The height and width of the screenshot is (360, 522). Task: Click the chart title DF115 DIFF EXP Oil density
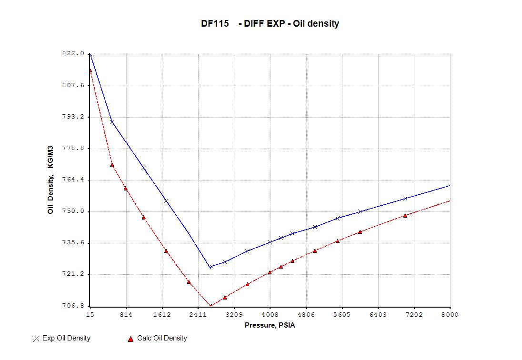click(x=270, y=24)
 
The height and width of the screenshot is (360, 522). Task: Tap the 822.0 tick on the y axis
click(x=73, y=54)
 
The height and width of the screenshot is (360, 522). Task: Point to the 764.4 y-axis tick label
click(x=73, y=180)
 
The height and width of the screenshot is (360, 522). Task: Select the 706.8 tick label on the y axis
click(x=73, y=306)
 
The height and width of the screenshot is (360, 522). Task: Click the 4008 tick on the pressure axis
click(x=270, y=315)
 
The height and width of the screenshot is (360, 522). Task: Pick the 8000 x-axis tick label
click(x=443, y=315)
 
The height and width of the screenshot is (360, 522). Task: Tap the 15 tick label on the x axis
click(x=90, y=315)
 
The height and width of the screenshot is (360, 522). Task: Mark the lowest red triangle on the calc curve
click(x=211, y=306)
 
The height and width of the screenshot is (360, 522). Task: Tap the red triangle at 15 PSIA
click(x=90, y=71)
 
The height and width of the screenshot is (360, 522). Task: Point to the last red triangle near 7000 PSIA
click(x=405, y=216)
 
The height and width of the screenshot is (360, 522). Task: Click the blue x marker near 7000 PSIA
click(x=405, y=198)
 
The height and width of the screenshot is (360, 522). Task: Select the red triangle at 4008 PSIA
click(x=270, y=272)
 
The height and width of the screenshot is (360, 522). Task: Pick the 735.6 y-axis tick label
click(x=73, y=243)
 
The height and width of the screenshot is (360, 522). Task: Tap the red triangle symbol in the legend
click(x=130, y=339)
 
